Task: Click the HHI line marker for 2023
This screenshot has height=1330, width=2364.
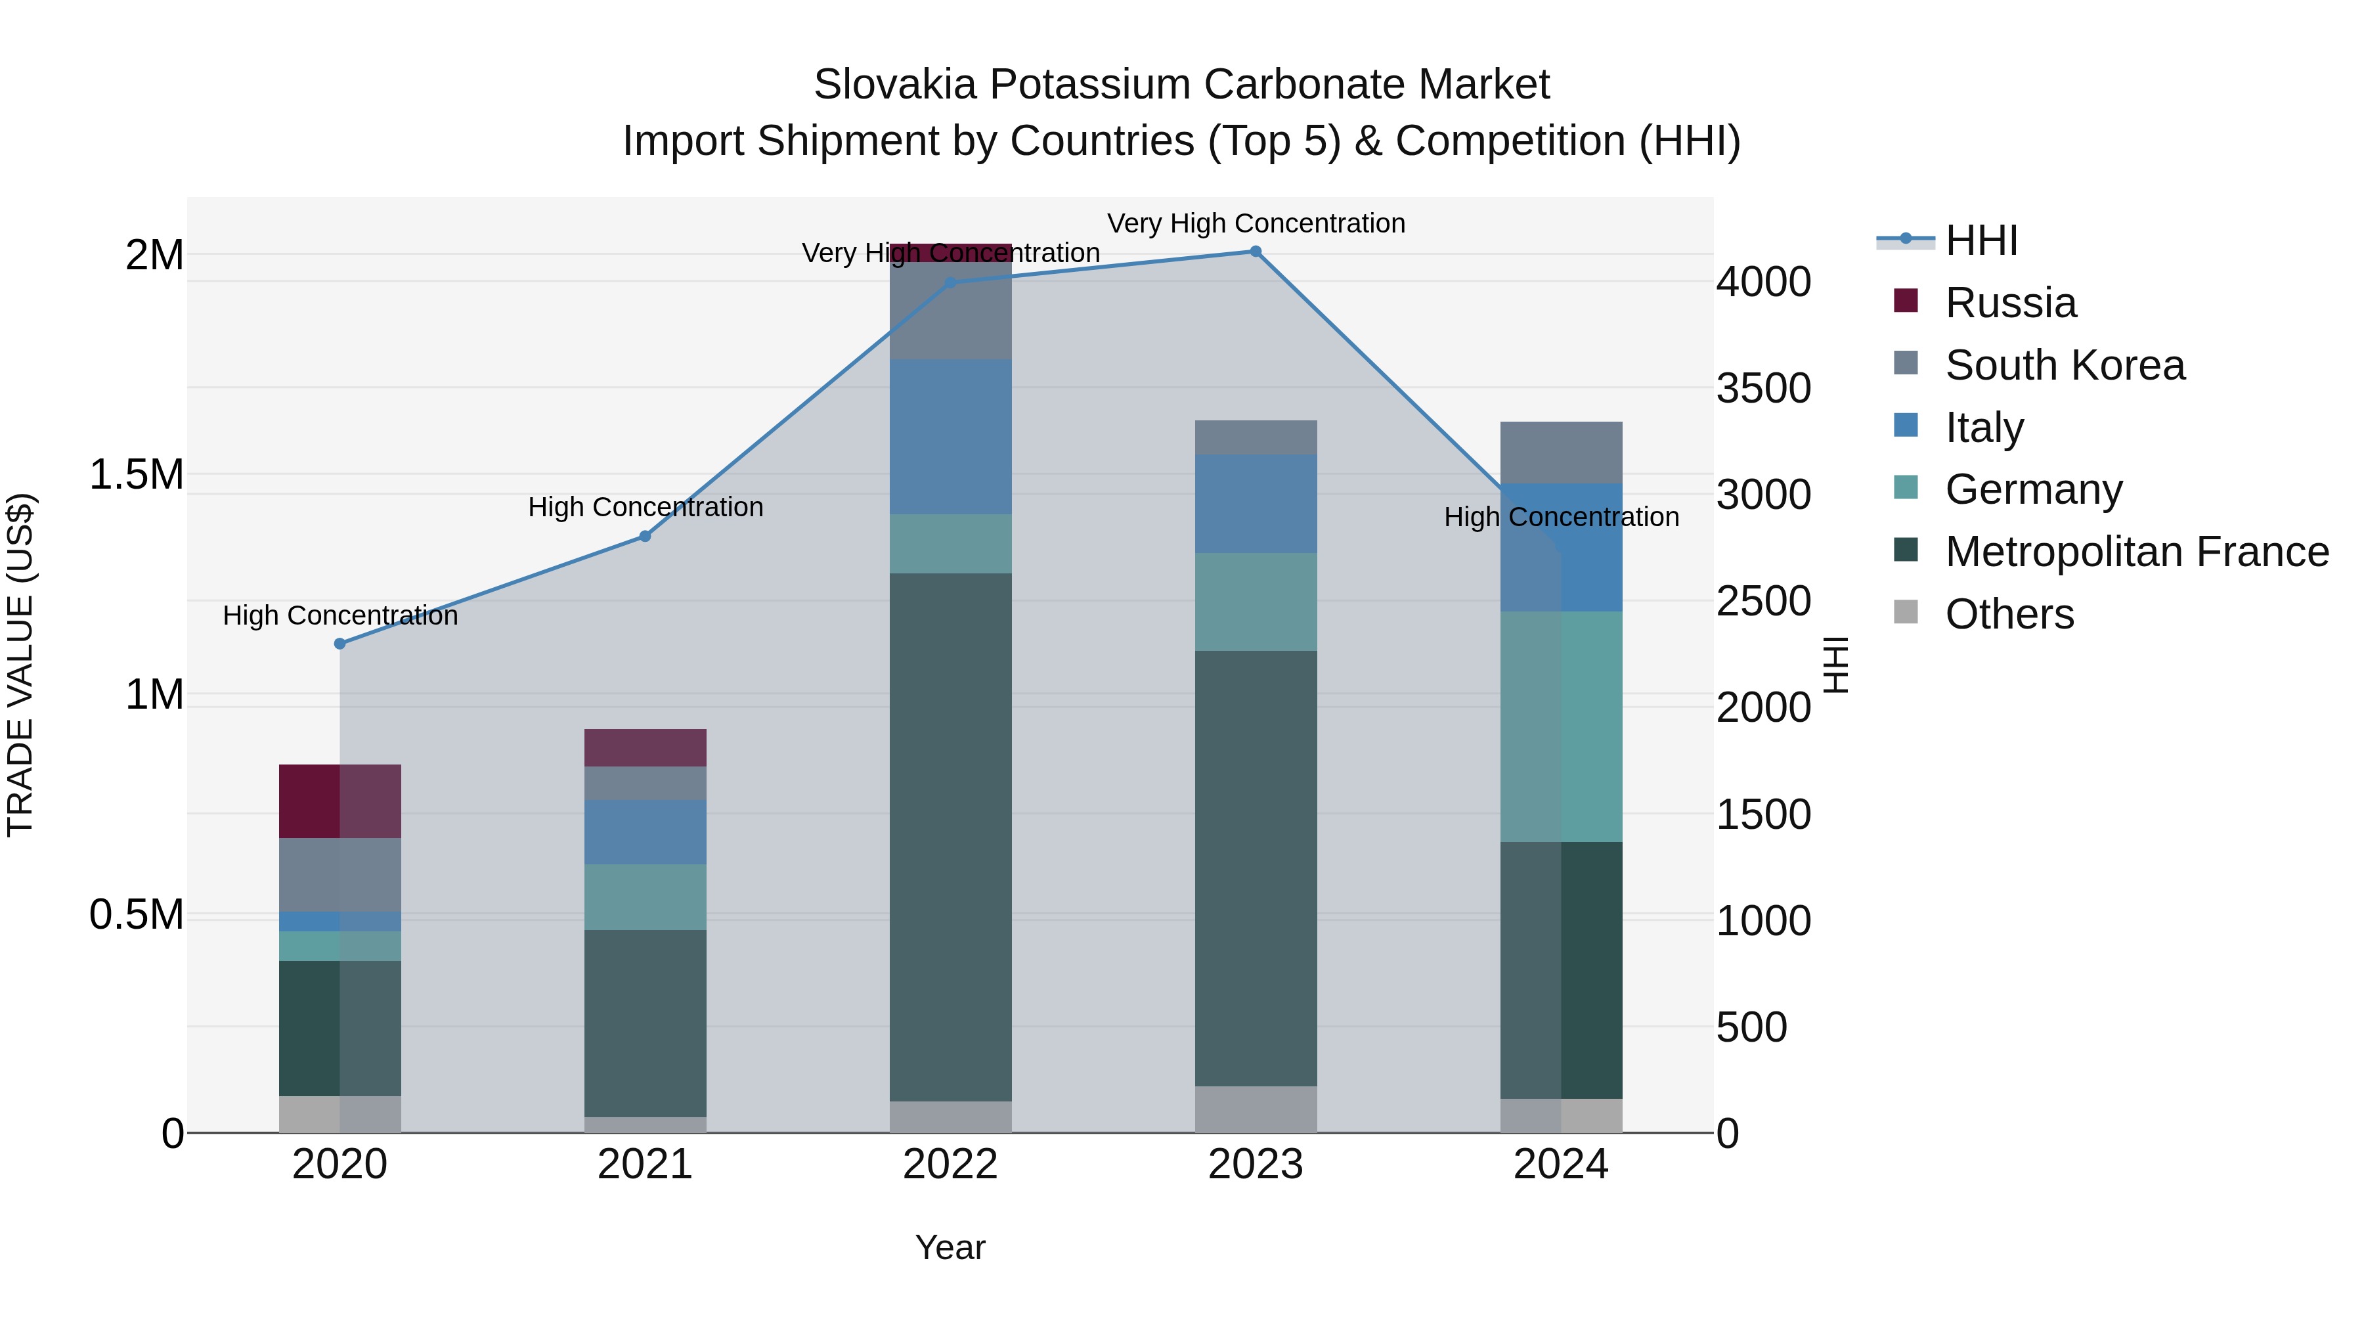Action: pyautogui.click(x=1256, y=252)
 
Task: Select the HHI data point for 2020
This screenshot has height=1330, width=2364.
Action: pyautogui.click(x=339, y=644)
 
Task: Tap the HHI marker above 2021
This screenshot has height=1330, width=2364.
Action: pyautogui.click(x=645, y=536)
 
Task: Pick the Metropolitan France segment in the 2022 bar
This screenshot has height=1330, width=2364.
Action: pyautogui.click(x=951, y=835)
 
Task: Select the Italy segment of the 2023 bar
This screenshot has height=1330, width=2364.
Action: pyautogui.click(x=1256, y=503)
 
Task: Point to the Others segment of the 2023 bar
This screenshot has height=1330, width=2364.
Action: pyautogui.click(x=1256, y=1109)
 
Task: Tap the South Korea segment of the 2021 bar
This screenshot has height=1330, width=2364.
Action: pyautogui.click(x=645, y=783)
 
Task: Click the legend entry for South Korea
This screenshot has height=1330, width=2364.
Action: pyautogui.click(x=2065, y=365)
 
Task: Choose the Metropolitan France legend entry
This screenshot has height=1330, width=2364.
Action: pyautogui.click(x=2136, y=552)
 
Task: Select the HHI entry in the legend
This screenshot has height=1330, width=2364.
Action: pyautogui.click(x=1981, y=240)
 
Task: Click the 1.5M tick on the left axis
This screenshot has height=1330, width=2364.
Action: pyautogui.click(x=136, y=475)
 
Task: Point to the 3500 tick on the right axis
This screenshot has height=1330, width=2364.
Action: pyautogui.click(x=1763, y=388)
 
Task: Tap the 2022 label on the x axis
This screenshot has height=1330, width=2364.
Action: pyautogui.click(x=951, y=1164)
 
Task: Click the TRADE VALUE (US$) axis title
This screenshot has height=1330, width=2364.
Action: pyautogui.click(x=20, y=665)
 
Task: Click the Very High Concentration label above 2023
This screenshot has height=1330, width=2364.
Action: pyautogui.click(x=1256, y=223)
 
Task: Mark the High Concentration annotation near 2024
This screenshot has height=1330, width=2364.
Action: pyautogui.click(x=1561, y=517)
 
